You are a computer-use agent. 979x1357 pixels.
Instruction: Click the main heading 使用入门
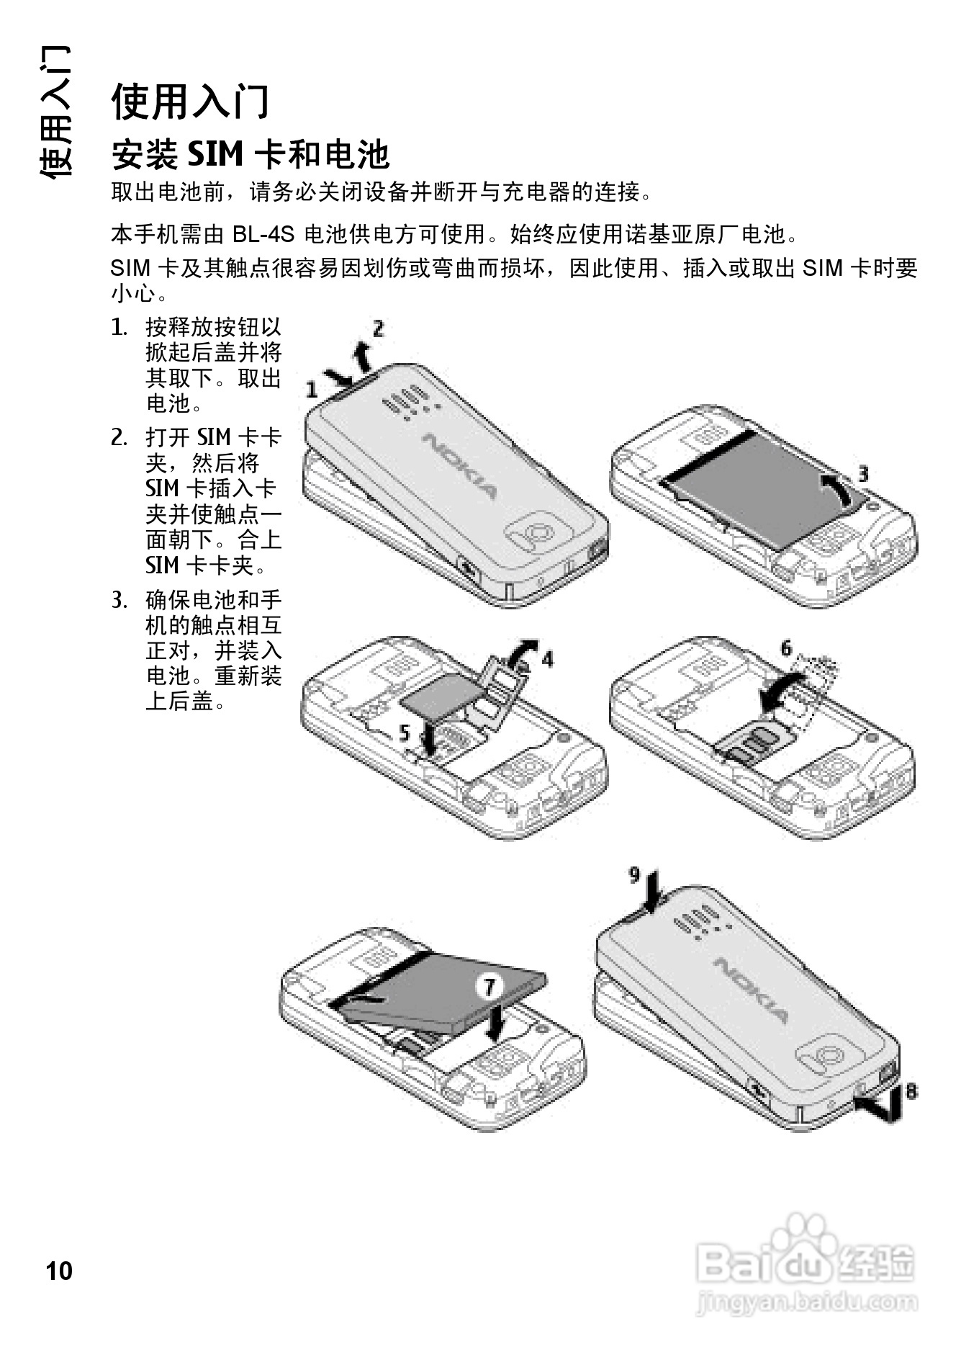[x=190, y=101]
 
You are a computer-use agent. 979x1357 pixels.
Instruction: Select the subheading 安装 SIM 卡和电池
[x=250, y=153]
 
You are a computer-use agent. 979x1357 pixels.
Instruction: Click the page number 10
[x=59, y=1271]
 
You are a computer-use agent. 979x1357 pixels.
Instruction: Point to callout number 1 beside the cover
[x=312, y=390]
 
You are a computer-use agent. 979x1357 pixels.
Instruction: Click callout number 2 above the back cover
[x=378, y=329]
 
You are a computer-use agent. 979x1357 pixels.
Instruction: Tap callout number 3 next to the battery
[x=862, y=473]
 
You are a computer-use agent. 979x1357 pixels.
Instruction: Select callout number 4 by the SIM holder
[x=548, y=658]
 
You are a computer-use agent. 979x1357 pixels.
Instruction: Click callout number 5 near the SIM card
[x=405, y=733]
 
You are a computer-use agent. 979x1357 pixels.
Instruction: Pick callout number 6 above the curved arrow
[x=786, y=648]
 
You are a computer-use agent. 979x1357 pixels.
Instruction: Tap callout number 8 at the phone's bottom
[x=911, y=1090]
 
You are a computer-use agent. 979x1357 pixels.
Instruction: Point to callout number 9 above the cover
[x=634, y=874]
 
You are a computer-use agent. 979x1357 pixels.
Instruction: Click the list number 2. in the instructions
[x=119, y=437]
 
